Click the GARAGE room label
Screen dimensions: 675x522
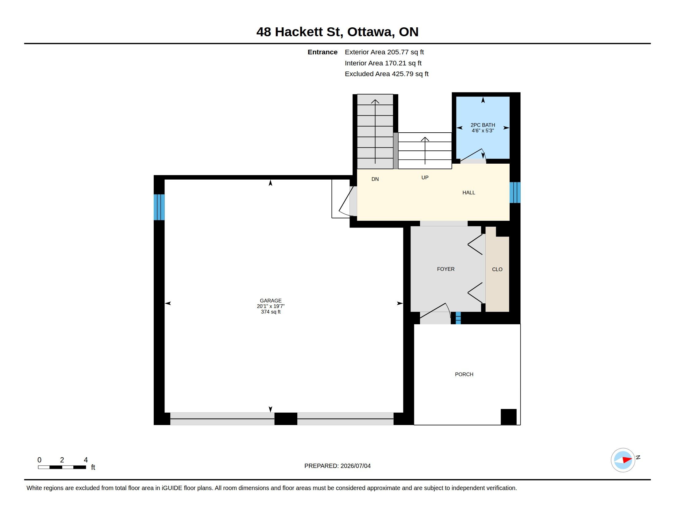point(270,301)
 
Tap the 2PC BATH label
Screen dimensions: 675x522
point(483,125)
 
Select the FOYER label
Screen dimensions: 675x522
point(446,269)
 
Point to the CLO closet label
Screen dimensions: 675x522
point(497,269)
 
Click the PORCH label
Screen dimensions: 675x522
point(464,374)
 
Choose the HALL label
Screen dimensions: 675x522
point(469,193)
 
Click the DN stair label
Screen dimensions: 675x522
point(375,179)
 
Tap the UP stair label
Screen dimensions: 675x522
point(425,177)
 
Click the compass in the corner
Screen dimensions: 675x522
point(623,460)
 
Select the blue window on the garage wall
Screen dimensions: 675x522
point(159,207)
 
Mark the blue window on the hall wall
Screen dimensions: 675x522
point(515,192)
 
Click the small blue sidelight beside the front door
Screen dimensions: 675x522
point(458,318)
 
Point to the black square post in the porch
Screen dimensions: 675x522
point(508,417)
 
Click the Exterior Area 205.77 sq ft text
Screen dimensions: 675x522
point(384,52)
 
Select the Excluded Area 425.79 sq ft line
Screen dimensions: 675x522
point(386,74)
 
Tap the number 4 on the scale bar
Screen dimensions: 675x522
point(86,460)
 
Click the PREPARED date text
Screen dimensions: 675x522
point(337,466)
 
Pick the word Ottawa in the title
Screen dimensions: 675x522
point(371,32)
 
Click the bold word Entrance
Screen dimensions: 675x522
point(322,52)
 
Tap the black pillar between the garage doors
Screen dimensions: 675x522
point(286,419)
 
